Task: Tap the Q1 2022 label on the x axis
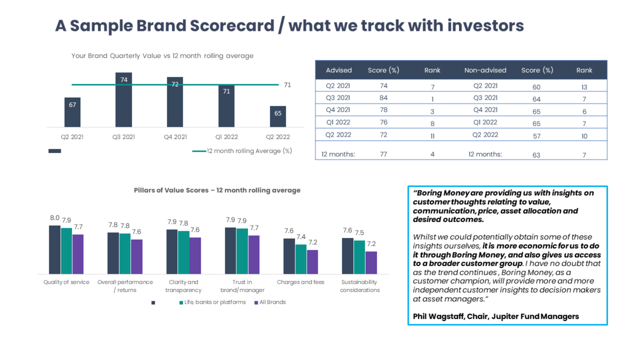(x=226, y=137)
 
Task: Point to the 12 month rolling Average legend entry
(x=242, y=151)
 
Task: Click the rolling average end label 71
(x=287, y=85)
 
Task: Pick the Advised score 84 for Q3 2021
(x=383, y=98)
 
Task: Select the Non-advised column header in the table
(x=485, y=70)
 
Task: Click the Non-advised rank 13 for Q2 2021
(x=584, y=87)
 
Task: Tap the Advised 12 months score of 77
(x=383, y=154)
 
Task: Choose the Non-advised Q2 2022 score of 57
(x=536, y=136)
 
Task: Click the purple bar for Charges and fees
(x=312, y=262)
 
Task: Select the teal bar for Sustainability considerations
(x=359, y=257)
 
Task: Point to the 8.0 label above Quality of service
(x=55, y=218)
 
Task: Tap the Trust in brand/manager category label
(x=242, y=286)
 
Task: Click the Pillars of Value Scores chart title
(x=217, y=190)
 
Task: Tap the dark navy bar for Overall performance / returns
(x=113, y=253)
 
